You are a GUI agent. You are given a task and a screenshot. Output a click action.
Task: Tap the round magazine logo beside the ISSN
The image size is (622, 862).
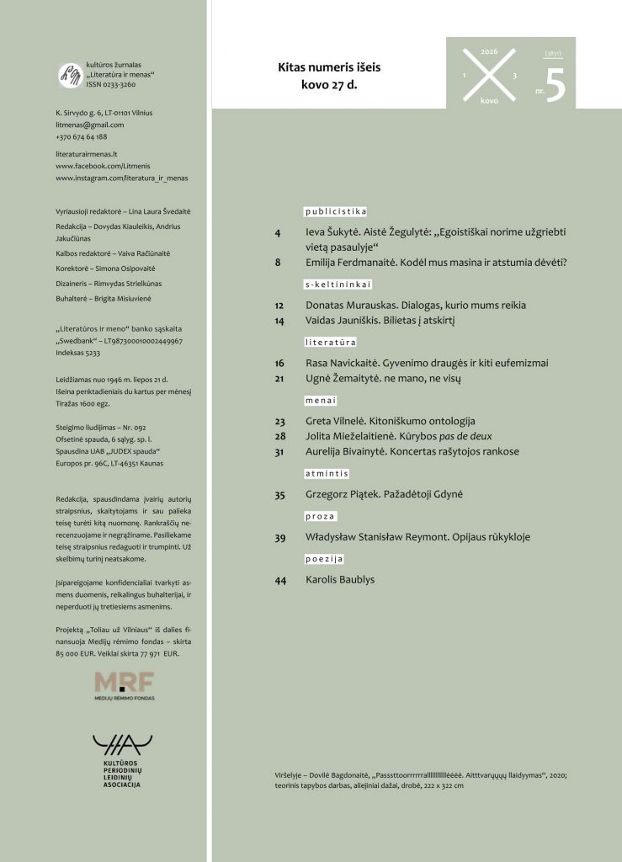coord(68,75)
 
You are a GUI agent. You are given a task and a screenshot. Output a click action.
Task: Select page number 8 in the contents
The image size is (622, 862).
coord(278,263)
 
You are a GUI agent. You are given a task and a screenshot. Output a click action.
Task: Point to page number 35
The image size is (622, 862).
coord(280,496)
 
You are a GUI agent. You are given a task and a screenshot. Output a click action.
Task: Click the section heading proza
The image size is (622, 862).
coord(321,516)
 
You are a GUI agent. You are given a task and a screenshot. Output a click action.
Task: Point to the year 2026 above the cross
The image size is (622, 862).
coord(489,51)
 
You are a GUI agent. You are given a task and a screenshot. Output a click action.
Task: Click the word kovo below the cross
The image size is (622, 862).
coord(489,99)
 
